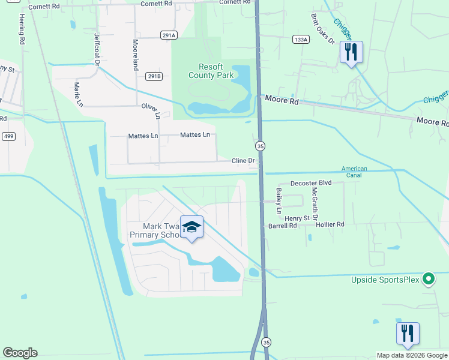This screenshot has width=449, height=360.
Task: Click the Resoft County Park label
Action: tap(210, 71)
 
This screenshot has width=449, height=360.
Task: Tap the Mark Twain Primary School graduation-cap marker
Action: tap(191, 228)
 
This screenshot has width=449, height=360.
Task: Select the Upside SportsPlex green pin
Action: tap(428, 279)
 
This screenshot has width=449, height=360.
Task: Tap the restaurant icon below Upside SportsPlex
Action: tap(408, 334)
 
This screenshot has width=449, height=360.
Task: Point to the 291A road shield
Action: tap(169, 35)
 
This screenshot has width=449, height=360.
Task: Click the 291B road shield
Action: tap(154, 76)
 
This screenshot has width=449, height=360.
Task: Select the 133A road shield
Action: tap(301, 39)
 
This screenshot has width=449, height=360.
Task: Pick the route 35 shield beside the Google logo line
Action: tap(267, 342)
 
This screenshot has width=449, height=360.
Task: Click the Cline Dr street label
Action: tap(244, 161)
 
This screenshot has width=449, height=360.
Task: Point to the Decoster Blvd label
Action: tap(311, 182)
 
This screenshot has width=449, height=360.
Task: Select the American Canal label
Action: tap(354, 173)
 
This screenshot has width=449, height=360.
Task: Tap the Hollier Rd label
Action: tap(331, 224)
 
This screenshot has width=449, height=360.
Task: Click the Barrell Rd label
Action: tap(282, 226)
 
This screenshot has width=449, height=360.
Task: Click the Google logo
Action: tap(20, 353)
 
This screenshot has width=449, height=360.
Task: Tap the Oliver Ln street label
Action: tap(151, 110)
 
